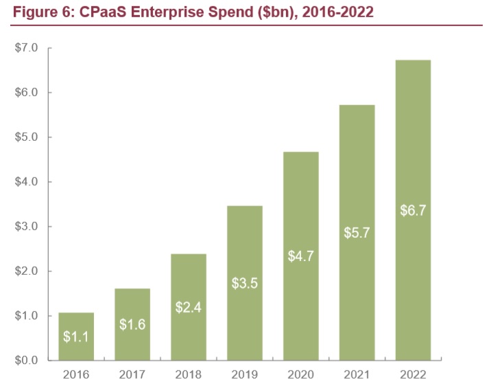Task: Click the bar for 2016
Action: (76, 336)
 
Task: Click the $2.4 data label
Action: (189, 308)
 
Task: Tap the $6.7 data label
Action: (413, 210)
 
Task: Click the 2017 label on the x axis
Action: (132, 374)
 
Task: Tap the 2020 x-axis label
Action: (300, 374)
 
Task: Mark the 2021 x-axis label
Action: (357, 374)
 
